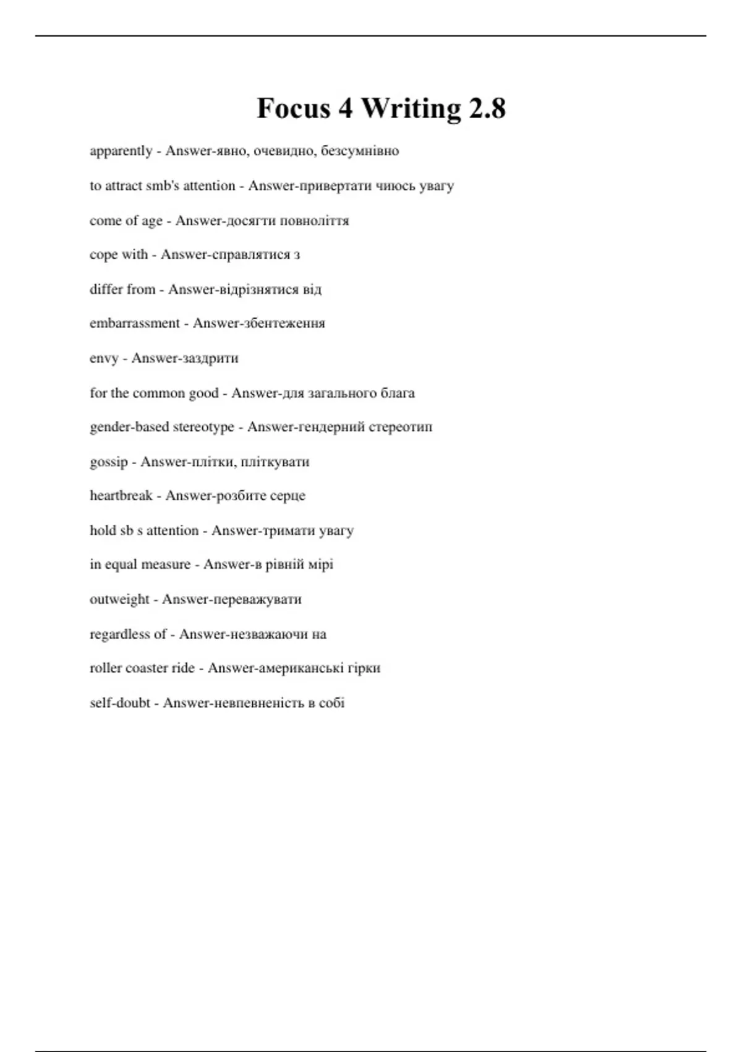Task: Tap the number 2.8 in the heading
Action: [487, 108]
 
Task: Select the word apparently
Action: [121, 151]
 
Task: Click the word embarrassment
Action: [135, 323]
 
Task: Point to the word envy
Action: [104, 358]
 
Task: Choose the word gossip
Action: [109, 462]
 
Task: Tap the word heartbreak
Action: [121, 496]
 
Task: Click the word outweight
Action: [119, 599]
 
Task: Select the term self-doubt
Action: [120, 703]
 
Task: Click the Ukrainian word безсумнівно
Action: [360, 151]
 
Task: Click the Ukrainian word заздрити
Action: [202, 358]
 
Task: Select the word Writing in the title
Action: [411, 108]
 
